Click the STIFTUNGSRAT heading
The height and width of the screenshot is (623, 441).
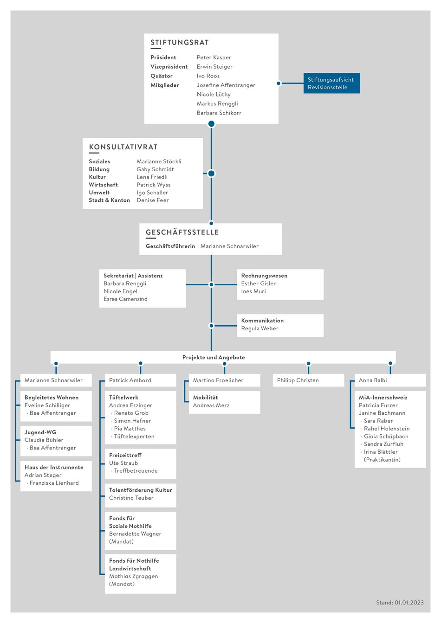tap(180, 43)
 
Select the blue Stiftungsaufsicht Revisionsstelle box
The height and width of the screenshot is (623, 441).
tap(331, 83)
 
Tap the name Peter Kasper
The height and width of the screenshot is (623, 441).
tap(214, 58)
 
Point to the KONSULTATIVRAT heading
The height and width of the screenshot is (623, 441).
tap(123, 147)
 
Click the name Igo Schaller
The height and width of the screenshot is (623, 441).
tap(152, 193)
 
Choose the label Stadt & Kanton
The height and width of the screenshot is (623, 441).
tap(110, 200)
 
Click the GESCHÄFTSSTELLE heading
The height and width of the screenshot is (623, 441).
tap(182, 232)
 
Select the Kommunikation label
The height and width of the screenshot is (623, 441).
tap(262, 321)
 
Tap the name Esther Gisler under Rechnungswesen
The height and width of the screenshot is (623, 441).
tap(258, 283)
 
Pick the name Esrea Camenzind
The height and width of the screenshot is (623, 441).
tap(125, 299)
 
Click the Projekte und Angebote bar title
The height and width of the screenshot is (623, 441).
tap(214, 357)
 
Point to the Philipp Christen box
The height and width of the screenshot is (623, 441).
tap(308, 380)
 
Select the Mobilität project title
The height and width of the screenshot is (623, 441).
tap(205, 398)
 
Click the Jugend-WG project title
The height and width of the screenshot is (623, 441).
tap(40, 432)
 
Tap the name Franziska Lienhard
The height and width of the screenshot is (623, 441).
tap(54, 483)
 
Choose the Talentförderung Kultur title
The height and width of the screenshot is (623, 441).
tap(141, 490)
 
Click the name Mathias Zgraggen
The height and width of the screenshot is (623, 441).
tap(134, 576)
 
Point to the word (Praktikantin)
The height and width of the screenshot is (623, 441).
tap(382, 459)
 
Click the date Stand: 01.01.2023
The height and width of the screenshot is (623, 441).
tap(400, 603)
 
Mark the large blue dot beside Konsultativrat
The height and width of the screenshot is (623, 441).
tap(212, 173)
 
